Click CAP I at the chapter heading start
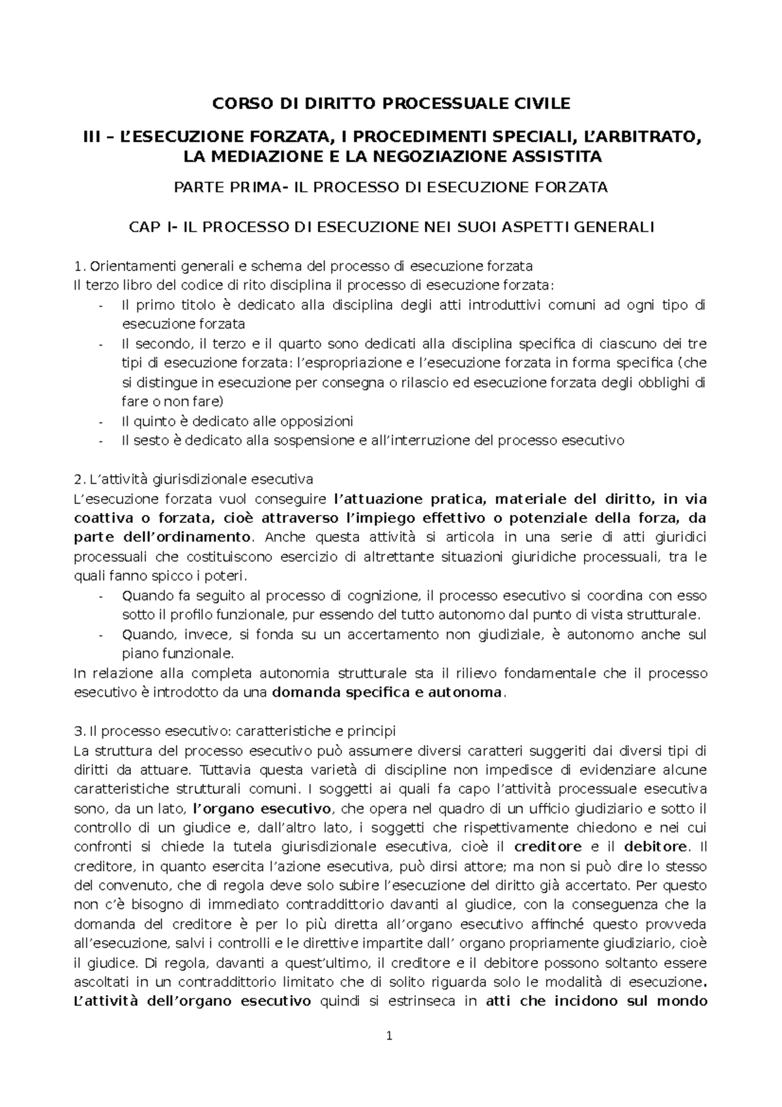147,227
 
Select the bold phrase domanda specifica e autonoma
387,692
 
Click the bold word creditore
548,848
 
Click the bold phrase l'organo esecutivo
263,809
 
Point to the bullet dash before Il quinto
100,422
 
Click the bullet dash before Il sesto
100,441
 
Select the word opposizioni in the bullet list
315,421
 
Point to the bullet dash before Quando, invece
100,635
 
